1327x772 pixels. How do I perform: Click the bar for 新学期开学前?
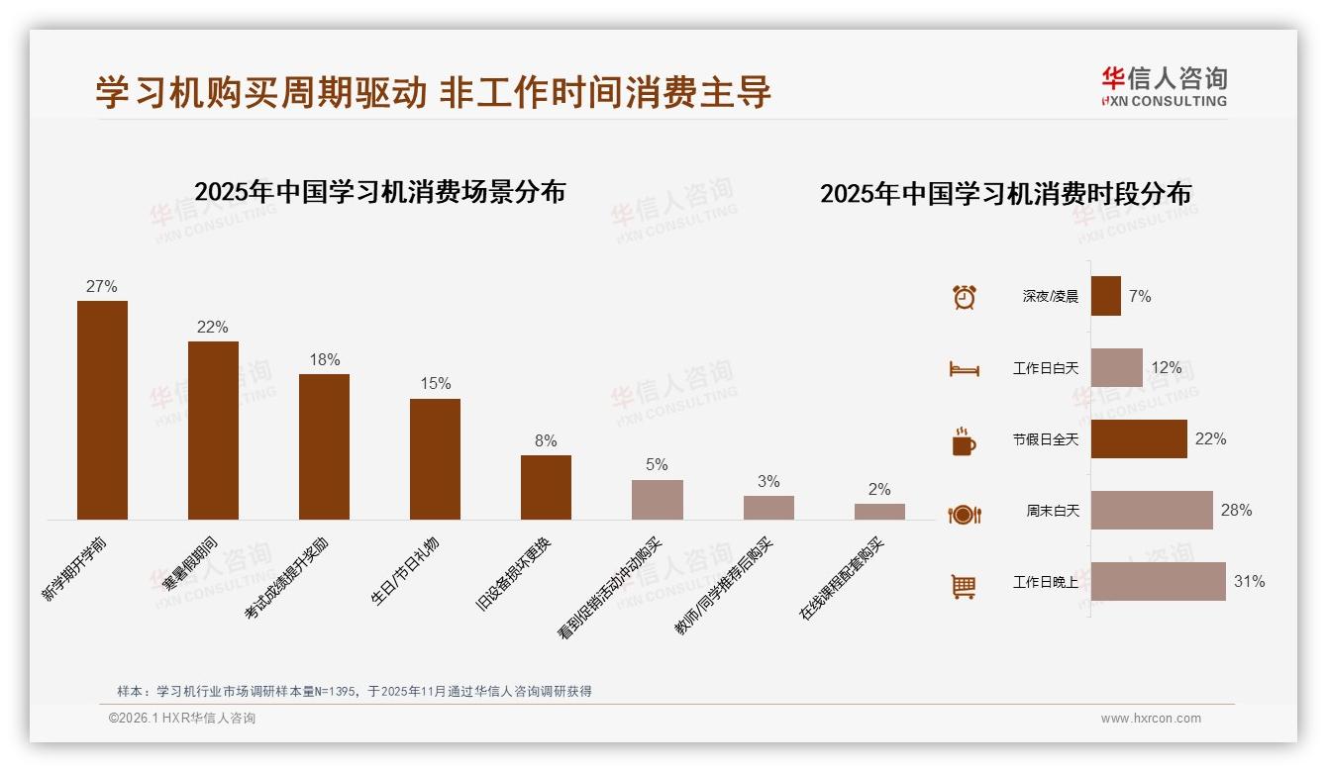(102, 410)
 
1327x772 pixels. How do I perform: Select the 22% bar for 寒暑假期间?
(213, 431)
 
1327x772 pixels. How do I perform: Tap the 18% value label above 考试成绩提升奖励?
(325, 359)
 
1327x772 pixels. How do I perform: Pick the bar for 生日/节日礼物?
(435, 459)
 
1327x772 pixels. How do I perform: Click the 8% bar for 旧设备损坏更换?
(546, 487)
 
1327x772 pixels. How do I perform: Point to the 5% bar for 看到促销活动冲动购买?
(658, 500)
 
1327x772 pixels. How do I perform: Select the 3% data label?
(768, 482)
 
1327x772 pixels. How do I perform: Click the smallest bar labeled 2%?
(879, 512)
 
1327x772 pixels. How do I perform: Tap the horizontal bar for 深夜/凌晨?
(1106, 296)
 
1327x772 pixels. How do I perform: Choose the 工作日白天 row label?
(1046, 368)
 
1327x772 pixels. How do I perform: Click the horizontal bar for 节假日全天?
(1139, 438)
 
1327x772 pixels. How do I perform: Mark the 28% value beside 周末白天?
(1236, 511)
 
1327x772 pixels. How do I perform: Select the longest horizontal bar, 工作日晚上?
(1159, 582)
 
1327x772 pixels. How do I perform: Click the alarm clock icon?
(965, 297)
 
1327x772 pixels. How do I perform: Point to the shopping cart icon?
(964, 587)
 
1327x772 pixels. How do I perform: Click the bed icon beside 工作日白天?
(964, 369)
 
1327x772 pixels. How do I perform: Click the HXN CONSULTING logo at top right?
(1164, 86)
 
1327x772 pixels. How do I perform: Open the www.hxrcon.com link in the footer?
(1151, 719)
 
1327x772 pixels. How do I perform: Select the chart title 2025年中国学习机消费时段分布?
(1005, 193)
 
